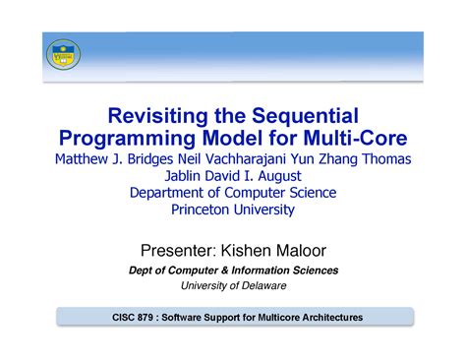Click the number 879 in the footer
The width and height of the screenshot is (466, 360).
[148, 318]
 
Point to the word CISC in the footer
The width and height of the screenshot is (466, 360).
[120, 318]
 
